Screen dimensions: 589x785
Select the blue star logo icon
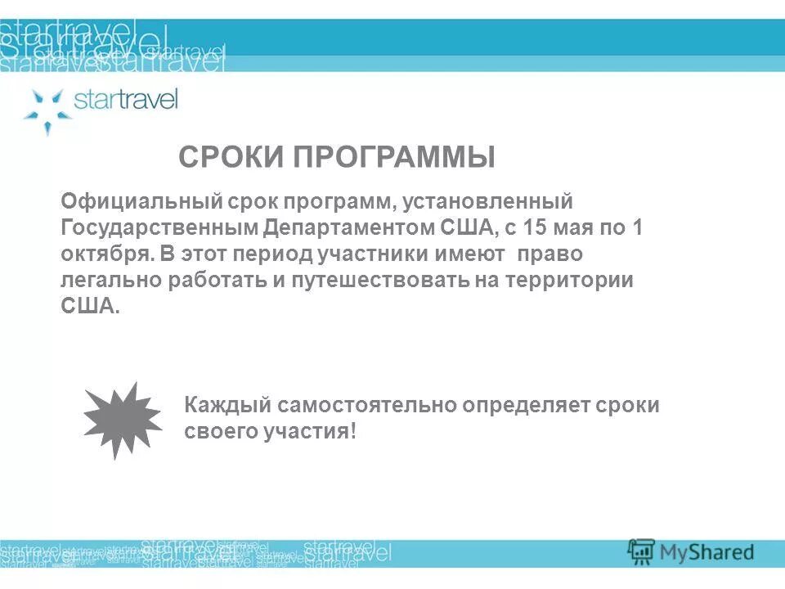pyautogui.click(x=47, y=109)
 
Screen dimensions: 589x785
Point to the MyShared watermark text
pyautogui.click(x=707, y=552)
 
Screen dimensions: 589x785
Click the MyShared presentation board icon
pyautogui.click(x=642, y=551)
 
